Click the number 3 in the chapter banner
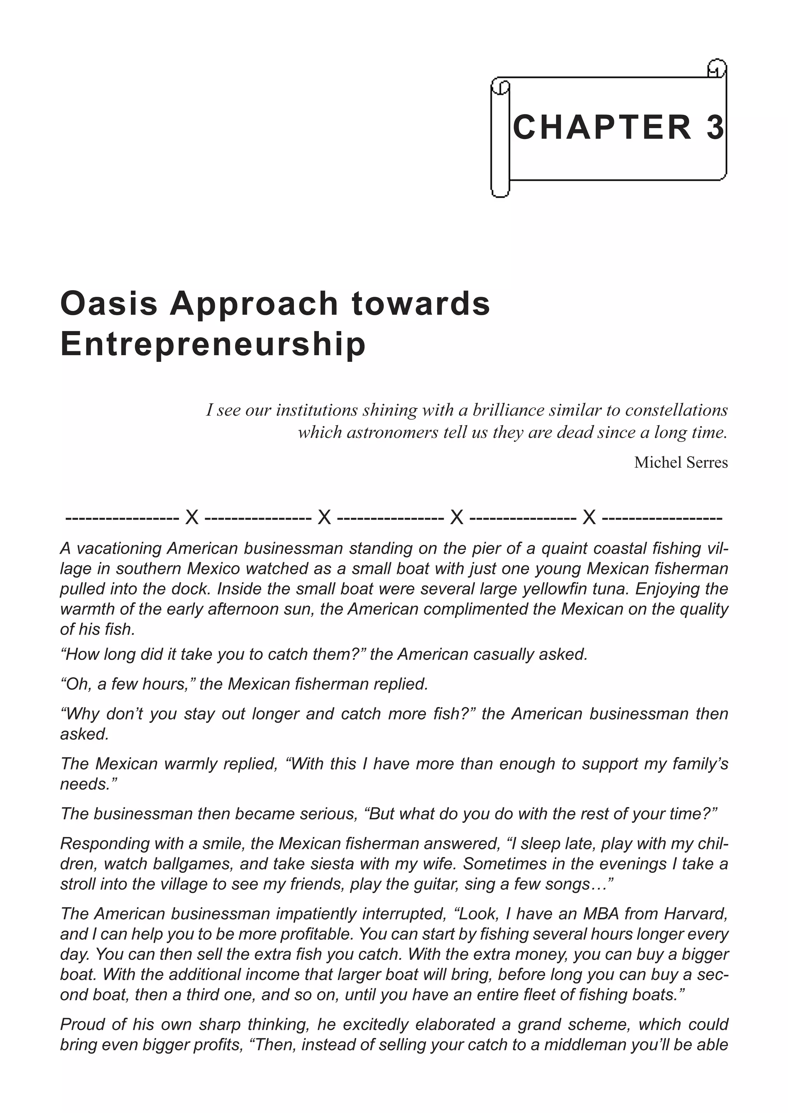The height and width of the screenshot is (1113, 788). tap(715, 128)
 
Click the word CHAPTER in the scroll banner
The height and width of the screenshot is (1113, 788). tap(602, 128)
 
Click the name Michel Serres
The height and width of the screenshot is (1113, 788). tap(681, 462)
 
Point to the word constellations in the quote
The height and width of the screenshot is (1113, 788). tap(676, 410)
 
